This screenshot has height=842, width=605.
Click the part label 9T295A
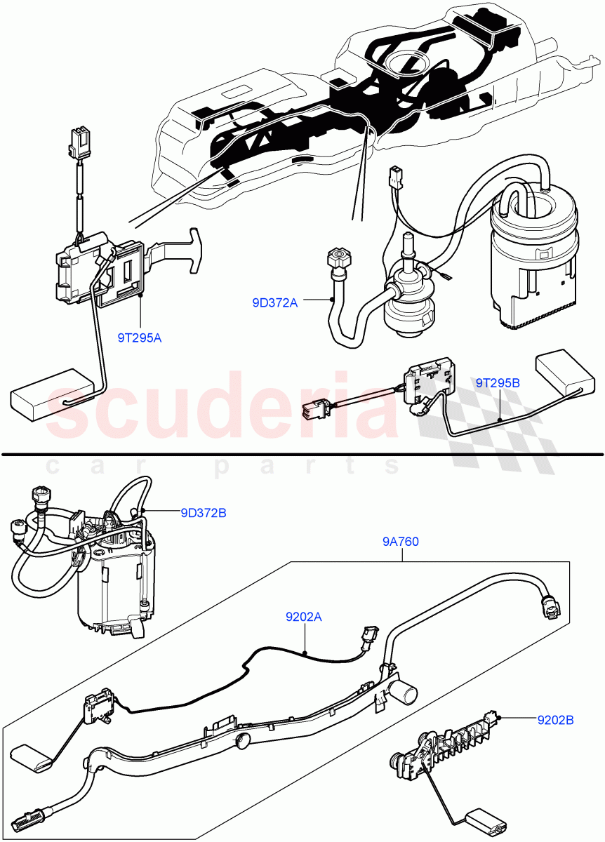point(140,338)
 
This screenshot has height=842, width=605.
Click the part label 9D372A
point(274,303)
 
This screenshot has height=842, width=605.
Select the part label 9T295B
point(498,383)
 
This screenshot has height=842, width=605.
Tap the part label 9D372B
point(204,513)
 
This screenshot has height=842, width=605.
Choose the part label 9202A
point(304,617)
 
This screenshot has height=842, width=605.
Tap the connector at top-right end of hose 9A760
point(550,606)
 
